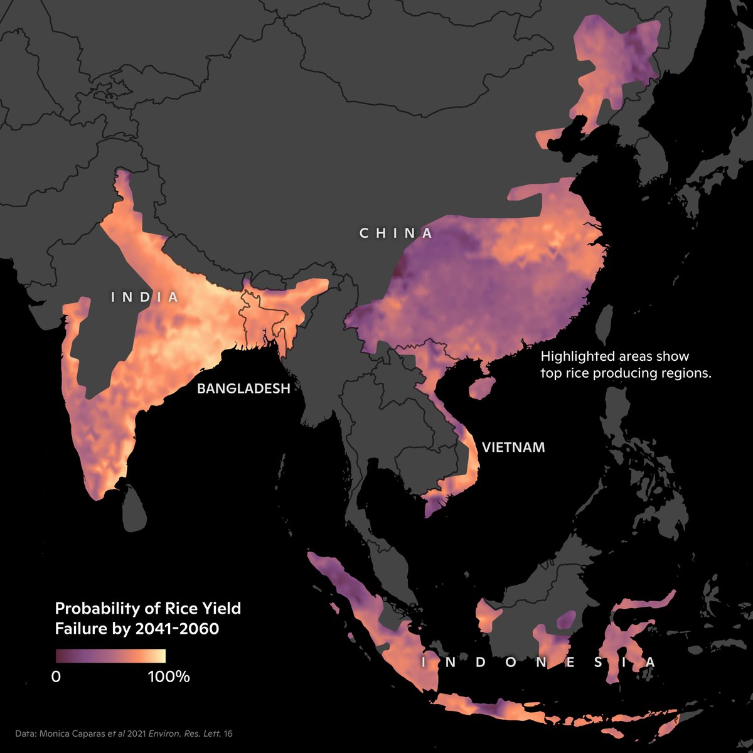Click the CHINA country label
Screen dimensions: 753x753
[x=396, y=233]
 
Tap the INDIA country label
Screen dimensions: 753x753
[x=145, y=297]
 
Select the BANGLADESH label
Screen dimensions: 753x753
[x=243, y=388]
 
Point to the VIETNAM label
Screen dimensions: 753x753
[x=513, y=447]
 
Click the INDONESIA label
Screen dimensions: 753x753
[x=538, y=663]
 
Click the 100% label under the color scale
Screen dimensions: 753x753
[x=168, y=676]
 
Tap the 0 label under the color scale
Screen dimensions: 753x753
[x=56, y=676]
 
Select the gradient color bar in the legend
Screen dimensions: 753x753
[x=110, y=656]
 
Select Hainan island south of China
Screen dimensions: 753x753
[x=482, y=388]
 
